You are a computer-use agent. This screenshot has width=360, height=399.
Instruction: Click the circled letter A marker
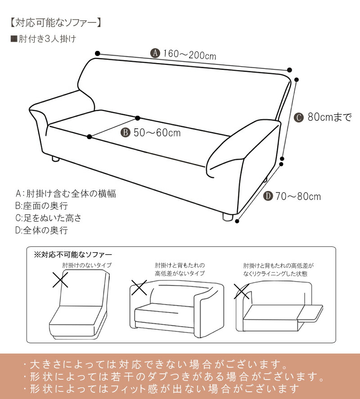click(x=155, y=53)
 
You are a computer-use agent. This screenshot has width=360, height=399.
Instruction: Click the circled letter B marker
click(x=126, y=132)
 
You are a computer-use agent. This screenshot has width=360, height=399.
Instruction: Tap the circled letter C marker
click(x=299, y=117)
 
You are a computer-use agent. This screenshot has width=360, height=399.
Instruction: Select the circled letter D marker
click(x=268, y=196)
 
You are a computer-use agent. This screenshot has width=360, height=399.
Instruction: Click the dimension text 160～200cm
click(x=189, y=54)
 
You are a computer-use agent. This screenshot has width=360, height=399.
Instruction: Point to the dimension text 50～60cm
click(x=157, y=132)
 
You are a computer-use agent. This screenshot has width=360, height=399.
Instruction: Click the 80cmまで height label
click(x=329, y=117)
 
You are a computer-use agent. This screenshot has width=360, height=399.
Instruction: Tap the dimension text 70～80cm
click(x=298, y=196)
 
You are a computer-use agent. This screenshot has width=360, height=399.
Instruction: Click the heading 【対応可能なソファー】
click(x=55, y=23)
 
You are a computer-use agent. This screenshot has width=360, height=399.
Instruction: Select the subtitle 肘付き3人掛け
click(x=43, y=39)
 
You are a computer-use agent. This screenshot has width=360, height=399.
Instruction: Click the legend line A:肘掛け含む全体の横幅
click(x=66, y=194)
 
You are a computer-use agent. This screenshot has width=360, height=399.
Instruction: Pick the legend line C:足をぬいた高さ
click(x=48, y=218)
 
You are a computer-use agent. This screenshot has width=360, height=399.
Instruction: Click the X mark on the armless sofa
click(x=60, y=280)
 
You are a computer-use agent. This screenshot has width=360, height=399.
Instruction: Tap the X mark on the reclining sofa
click(x=242, y=291)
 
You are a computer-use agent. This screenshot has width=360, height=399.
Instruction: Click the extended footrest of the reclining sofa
click(x=310, y=313)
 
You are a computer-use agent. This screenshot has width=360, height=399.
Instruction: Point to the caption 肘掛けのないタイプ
click(x=87, y=265)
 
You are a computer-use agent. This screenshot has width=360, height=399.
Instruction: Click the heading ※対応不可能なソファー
click(x=73, y=254)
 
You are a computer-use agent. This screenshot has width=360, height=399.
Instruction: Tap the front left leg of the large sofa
click(x=56, y=159)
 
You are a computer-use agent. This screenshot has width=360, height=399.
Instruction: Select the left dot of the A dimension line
click(x=98, y=54)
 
